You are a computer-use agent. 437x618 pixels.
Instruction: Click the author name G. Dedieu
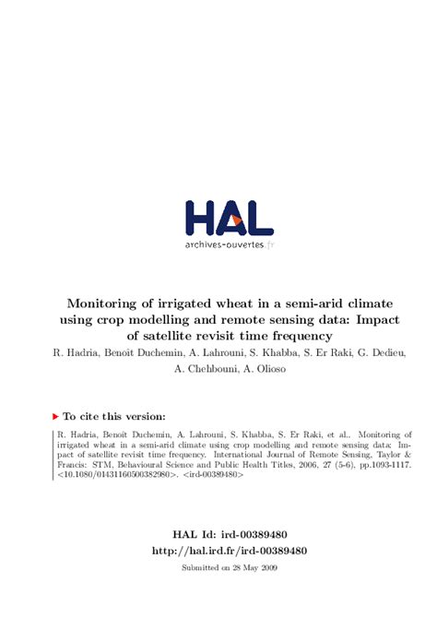coord(375,352)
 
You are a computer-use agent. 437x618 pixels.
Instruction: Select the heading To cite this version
coord(115,417)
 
